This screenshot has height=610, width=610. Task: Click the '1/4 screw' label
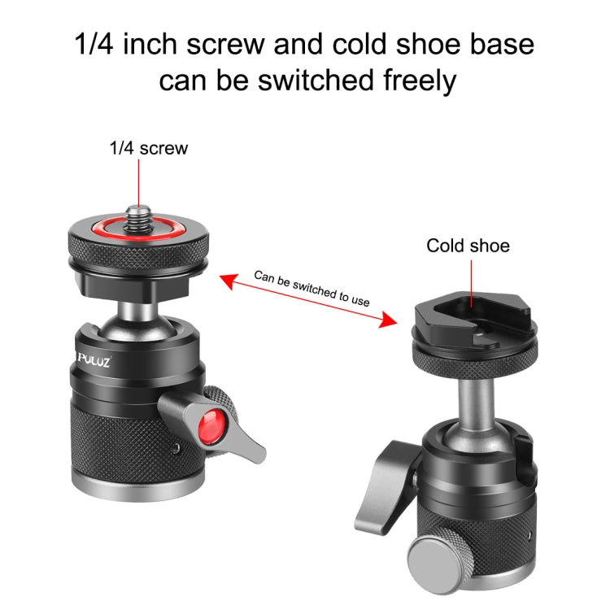(148, 148)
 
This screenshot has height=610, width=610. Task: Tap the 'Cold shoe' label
(468, 246)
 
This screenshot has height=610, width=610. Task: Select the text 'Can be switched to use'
(312, 287)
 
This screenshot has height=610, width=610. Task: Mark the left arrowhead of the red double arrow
(227, 280)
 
